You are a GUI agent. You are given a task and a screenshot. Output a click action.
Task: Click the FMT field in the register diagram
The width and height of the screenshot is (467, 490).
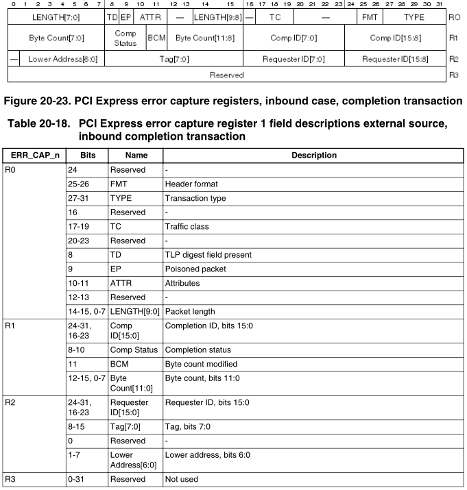pos(368,16)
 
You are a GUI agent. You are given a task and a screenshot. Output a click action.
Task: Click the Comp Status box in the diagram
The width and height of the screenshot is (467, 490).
pos(125,38)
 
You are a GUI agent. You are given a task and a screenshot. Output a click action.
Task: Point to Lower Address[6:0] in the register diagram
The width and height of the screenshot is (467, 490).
pos(62,59)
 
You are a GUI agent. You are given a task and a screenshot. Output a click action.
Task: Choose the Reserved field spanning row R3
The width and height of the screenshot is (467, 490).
pos(226,74)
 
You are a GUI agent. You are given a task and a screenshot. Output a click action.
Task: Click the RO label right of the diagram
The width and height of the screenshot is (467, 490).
pos(453,16)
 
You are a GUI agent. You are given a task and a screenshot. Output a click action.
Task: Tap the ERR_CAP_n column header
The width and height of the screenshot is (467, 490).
pos(34,156)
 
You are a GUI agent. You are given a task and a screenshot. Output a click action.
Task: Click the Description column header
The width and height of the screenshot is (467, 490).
pos(313,156)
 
